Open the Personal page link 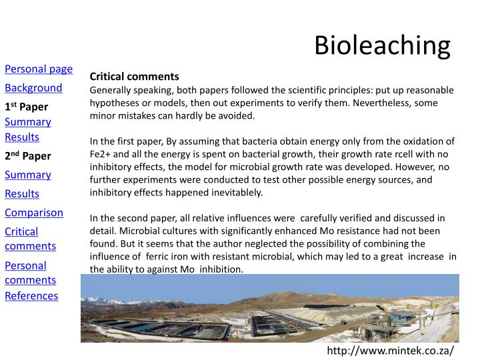39,69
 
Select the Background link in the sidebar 33,88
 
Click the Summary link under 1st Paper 28,122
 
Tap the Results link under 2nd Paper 22,194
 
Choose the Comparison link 34,213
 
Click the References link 31,295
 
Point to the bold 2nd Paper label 28,156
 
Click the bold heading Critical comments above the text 135,77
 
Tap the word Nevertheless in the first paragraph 376,103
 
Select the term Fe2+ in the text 101,154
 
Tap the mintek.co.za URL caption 390,350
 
